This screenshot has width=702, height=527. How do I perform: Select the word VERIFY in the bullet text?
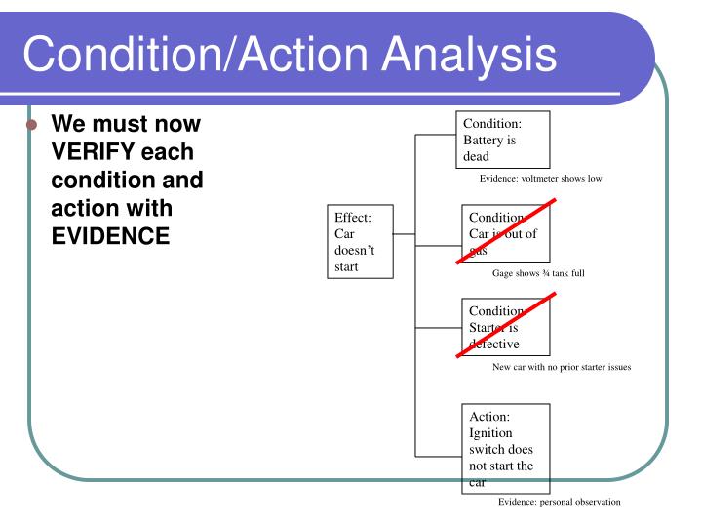coord(97,152)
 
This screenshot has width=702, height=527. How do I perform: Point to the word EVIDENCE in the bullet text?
coord(110,236)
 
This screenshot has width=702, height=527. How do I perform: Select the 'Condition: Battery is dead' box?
coord(503,139)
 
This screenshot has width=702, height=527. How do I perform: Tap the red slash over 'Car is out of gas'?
coord(507,231)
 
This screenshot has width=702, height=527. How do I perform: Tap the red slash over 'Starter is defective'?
coord(507,325)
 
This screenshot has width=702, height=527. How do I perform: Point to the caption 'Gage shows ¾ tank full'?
coord(538,273)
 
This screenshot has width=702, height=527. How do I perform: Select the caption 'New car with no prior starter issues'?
coord(562,367)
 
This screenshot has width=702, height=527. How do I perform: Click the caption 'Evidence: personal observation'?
coord(559,502)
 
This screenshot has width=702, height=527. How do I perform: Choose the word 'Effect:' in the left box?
coord(351,218)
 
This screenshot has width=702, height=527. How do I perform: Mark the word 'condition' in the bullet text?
coord(97,181)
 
